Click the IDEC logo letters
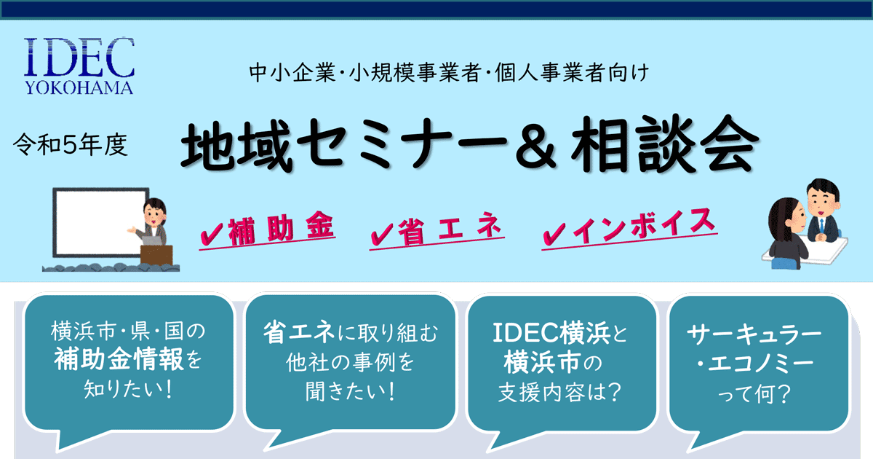tap(79, 57)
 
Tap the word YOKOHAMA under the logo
tap(79, 88)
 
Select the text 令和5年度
tap(70, 145)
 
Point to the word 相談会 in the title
tap(665, 144)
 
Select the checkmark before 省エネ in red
tap(382, 233)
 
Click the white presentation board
tap(100, 222)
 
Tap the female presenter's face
tap(153, 213)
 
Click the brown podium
tap(156, 255)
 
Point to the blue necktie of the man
tap(821, 226)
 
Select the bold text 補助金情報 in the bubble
tap(119, 359)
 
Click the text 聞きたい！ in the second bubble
tap(351, 391)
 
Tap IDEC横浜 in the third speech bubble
tap(551, 333)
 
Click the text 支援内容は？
tap(559, 392)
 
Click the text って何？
tap(754, 393)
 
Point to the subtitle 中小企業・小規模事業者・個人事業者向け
tap(449, 73)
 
